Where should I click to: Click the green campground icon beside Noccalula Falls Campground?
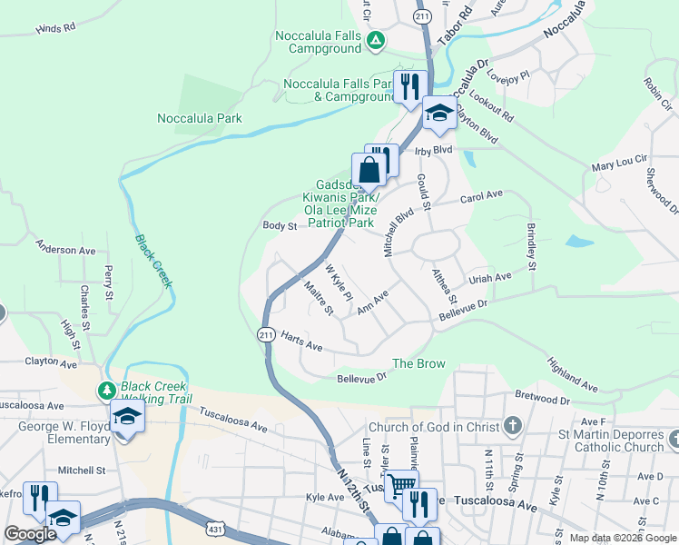pos(376,40)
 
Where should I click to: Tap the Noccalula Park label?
pos(200,118)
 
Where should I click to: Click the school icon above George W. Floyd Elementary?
pos(127,417)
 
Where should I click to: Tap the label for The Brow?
pos(418,363)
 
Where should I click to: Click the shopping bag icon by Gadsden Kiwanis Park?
pos(369,168)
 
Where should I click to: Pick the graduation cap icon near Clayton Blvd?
pos(438,112)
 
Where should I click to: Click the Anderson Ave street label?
pos(65,248)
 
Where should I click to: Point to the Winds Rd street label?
pos(55,29)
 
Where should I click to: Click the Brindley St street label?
pos(532,246)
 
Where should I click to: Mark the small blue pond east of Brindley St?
pos(578,243)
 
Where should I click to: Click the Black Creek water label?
pos(153,261)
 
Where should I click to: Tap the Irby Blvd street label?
pos(434,150)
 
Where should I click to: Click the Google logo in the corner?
pos(31,534)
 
